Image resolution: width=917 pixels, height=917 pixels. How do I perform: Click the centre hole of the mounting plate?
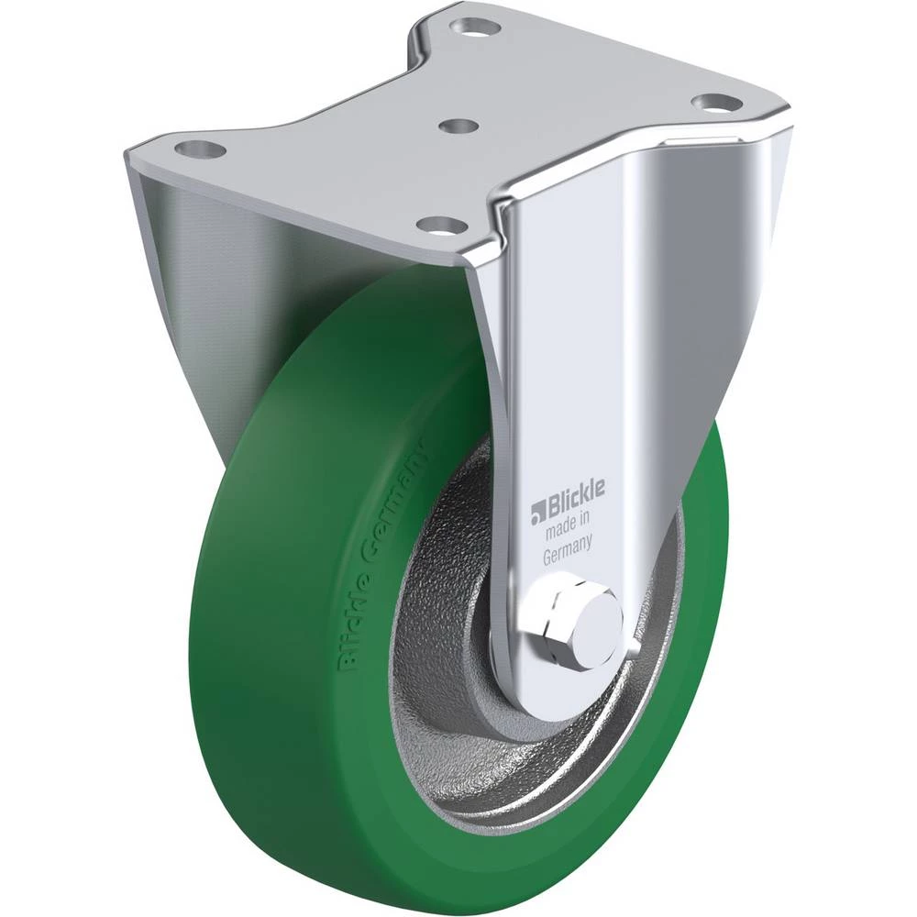(458, 126)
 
